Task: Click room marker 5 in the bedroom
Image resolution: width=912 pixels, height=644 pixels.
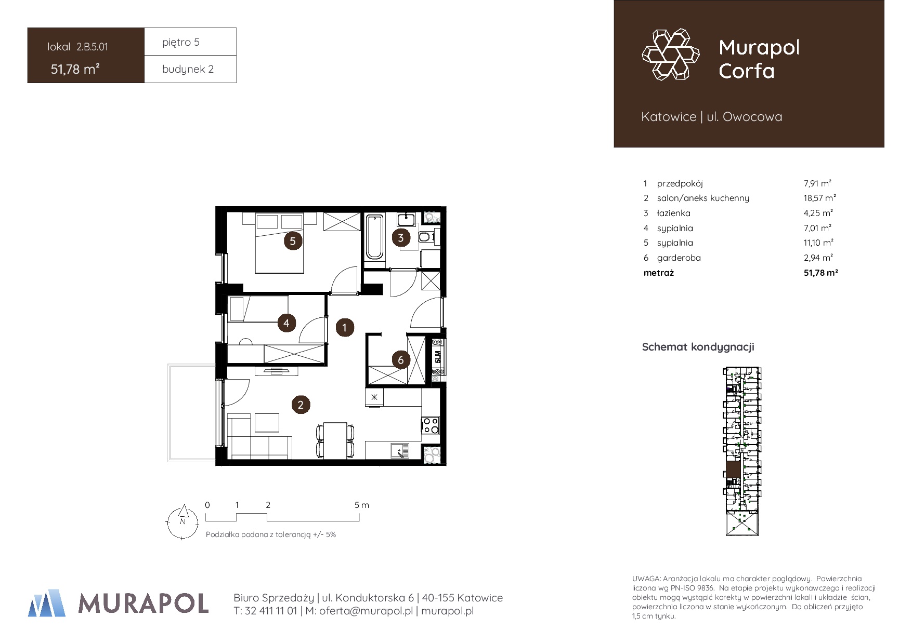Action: click(x=293, y=241)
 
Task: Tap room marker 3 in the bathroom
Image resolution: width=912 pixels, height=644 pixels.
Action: click(x=400, y=238)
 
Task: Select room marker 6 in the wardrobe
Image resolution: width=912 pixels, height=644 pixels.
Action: click(x=400, y=360)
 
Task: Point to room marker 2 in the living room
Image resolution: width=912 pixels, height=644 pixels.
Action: click(x=301, y=405)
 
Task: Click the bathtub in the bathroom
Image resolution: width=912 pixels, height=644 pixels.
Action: click(x=374, y=237)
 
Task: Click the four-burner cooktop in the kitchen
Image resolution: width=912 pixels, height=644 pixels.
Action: click(x=431, y=425)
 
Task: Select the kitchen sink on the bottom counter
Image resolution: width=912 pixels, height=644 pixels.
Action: click(x=400, y=451)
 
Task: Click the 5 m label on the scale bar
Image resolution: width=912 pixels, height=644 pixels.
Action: click(x=362, y=505)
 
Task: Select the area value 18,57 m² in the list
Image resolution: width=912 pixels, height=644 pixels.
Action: click(x=819, y=198)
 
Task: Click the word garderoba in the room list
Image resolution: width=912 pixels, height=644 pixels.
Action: click(x=679, y=258)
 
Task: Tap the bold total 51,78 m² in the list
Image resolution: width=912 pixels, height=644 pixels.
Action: click(x=820, y=273)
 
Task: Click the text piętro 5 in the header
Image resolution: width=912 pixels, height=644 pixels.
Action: click(x=181, y=42)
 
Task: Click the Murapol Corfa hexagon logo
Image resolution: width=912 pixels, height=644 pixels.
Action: click(x=671, y=55)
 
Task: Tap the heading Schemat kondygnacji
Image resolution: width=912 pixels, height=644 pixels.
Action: click(x=698, y=347)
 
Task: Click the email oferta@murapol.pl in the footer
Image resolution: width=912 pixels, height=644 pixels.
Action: click(x=366, y=611)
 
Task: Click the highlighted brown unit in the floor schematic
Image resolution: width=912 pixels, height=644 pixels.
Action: click(x=733, y=469)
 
